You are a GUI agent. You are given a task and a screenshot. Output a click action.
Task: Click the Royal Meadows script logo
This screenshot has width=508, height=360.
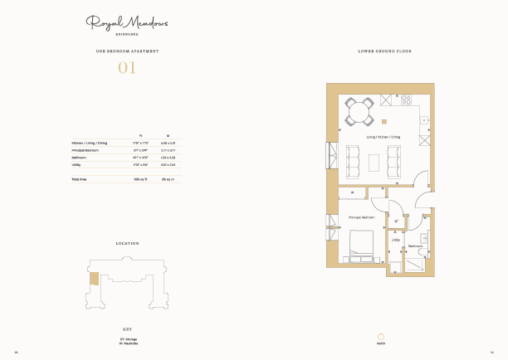click(127, 23)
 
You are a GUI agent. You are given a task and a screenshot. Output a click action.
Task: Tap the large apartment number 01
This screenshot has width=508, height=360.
click(127, 68)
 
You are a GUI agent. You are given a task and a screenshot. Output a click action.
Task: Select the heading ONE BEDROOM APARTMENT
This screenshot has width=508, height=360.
click(127, 51)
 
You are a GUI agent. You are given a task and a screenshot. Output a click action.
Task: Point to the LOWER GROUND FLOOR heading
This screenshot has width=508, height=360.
click(384, 51)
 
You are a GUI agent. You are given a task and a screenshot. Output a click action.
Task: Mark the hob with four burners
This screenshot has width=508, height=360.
click(406, 100)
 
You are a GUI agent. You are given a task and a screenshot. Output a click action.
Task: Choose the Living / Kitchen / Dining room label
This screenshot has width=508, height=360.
click(383, 136)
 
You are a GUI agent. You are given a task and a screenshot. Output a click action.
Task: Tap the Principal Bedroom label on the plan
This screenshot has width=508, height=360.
click(361, 217)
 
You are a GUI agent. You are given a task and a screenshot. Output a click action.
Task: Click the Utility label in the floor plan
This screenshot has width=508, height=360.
click(395, 241)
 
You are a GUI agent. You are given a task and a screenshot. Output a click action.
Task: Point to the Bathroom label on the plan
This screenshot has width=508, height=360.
click(416, 246)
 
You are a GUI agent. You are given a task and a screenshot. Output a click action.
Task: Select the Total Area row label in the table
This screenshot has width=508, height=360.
click(80, 179)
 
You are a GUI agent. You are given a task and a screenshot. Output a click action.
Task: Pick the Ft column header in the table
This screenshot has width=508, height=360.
click(141, 135)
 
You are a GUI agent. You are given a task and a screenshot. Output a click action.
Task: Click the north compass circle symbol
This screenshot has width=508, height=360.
click(382, 337)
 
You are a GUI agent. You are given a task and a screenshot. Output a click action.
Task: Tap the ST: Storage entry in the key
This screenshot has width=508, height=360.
click(127, 339)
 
